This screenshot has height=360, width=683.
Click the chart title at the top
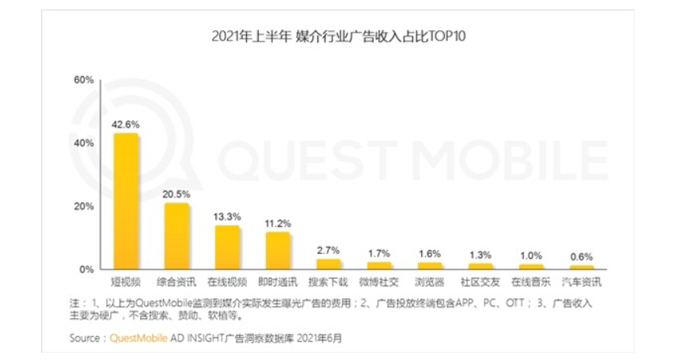[x=342, y=36]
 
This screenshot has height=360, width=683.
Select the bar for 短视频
[x=126, y=202]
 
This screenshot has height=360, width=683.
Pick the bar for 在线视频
[x=227, y=248]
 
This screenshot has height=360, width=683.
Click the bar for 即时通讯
[x=278, y=251]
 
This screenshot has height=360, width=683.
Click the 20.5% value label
[x=176, y=193]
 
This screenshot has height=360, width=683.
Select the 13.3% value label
[x=227, y=215]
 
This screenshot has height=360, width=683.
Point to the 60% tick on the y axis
[x=83, y=80]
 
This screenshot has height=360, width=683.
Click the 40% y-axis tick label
[x=83, y=143]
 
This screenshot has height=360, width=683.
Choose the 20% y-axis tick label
[x=83, y=207]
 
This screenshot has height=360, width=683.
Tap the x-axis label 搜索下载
[x=328, y=282]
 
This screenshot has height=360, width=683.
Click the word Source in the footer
[x=85, y=337]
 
